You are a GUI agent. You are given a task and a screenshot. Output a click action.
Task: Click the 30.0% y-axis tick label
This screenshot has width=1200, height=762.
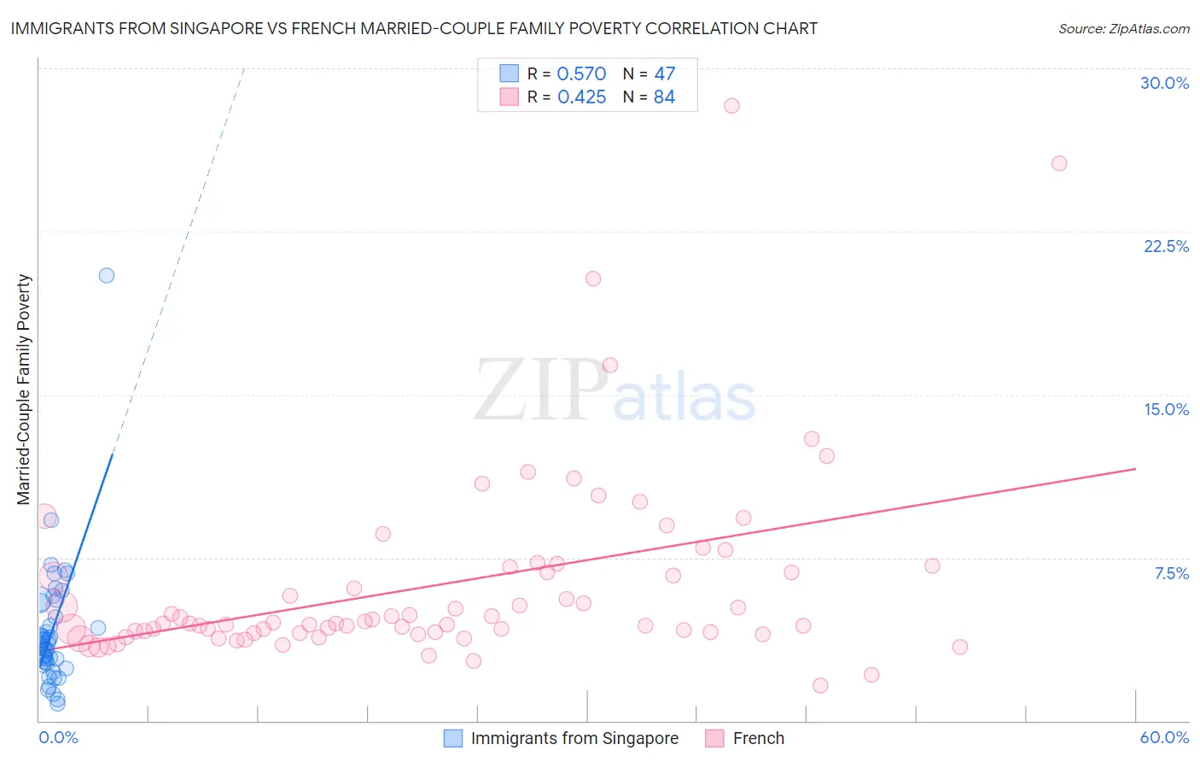1164,83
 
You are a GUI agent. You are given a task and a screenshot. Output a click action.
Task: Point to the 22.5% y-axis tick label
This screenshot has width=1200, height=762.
1166,246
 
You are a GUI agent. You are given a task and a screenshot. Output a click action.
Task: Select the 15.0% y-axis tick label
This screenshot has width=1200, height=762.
1166,409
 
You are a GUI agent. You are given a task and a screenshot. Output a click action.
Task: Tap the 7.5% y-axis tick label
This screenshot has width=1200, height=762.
1171,573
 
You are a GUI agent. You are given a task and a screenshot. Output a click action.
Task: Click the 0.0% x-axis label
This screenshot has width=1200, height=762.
58,737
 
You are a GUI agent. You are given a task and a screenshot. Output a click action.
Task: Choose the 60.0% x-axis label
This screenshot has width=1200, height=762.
1164,737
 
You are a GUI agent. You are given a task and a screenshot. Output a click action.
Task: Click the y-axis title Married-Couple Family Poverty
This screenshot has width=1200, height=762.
24,390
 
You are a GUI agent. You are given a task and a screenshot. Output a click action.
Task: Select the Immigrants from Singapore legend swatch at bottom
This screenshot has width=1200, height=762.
453,738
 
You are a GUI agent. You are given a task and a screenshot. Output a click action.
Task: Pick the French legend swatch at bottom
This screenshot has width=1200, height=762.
714,738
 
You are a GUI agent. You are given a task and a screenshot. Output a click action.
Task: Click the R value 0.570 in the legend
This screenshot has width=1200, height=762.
581,74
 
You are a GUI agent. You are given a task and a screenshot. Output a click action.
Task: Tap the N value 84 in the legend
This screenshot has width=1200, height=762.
664,97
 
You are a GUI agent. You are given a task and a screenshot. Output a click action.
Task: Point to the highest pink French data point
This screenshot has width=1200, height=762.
731,106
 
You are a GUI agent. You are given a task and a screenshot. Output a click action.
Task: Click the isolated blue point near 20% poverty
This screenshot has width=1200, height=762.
107,275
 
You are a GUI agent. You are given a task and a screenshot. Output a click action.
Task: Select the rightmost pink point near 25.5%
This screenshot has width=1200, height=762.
1059,163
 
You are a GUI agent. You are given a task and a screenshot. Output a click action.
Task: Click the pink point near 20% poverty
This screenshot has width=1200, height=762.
593,278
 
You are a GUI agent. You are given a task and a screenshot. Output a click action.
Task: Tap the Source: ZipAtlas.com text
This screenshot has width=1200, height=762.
1123,29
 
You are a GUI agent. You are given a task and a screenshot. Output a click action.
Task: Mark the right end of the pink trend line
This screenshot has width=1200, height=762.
1135,469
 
